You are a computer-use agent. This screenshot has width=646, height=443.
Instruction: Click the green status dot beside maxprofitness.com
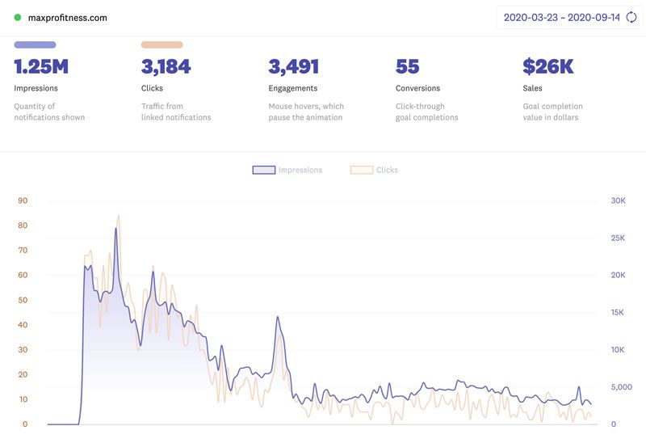[x=18, y=17]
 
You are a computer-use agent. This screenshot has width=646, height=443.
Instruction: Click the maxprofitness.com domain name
[x=67, y=17]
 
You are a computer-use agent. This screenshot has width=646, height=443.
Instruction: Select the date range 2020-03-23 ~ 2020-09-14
[x=561, y=17]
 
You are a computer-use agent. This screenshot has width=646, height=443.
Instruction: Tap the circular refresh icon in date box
[x=631, y=17]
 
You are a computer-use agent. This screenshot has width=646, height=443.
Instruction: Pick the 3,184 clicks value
[x=166, y=66]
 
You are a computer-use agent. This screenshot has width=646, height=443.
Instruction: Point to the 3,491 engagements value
[x=294, y=66]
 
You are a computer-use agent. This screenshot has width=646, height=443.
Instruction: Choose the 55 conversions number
[x=408, y=66]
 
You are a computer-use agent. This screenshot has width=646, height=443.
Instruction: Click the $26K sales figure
[x=548, y=66]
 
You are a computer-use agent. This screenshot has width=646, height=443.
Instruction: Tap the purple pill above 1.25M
[x=35, y=45]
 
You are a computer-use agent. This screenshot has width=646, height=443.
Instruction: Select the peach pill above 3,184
[x=161, y=45]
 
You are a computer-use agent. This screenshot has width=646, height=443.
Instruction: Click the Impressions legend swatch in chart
[x=264, y=170]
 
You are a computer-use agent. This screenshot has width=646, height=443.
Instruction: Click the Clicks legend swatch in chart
[x=361, y=170]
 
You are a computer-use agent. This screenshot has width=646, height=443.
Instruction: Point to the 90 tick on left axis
[x=23, y=200]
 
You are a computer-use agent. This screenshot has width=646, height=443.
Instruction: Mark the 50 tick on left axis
[x=23, y=300]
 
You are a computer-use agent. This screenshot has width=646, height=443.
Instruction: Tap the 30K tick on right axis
[x=617, y=200]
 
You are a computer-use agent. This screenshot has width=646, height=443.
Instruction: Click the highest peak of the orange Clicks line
[x=119, y=216]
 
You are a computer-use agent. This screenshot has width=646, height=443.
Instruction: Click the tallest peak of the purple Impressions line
[x=115, y=228]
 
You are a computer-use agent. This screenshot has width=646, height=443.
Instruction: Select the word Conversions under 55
[x=417, y=88]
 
